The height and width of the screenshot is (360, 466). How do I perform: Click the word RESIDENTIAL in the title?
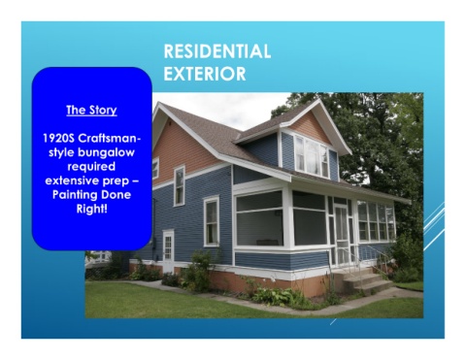(217, 51)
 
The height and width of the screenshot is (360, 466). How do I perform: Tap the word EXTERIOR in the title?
(205, 74)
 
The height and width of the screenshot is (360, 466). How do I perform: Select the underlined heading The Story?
(91, 110)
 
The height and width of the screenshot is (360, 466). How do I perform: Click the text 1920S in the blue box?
(58, 138)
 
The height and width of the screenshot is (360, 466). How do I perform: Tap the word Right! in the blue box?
(92, 209)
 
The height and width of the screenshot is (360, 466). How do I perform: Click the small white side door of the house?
(168, 250)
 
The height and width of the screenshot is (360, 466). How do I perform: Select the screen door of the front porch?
(341, 234)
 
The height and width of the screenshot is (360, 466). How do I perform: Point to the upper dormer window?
(312, 156)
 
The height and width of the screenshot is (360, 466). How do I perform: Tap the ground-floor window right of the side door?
(212, 221)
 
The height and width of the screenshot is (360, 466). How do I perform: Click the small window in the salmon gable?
(155, 168)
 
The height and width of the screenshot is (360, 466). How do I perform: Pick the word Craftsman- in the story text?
(110, 138)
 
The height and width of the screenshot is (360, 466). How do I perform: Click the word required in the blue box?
(91, 166)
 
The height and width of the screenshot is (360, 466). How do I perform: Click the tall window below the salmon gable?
(180, 186)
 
